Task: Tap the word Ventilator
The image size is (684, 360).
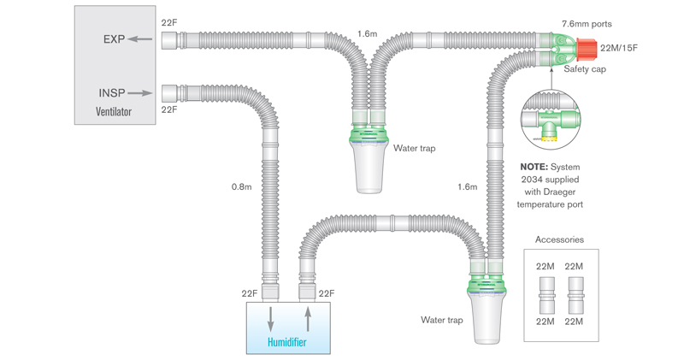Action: pyautogui.click(x=115, y=111)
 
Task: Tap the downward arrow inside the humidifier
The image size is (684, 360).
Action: pyautogui.click(x=271, y=322)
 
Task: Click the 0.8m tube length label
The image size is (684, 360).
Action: pyautogui.click(x=243, y=186)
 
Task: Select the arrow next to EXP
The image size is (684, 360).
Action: pyautogui.click(x=143, y=38)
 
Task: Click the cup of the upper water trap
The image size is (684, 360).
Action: pyautogui.click(x=369, y=168)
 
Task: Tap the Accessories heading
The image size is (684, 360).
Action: pyautogui.click(x=559, y=239)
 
